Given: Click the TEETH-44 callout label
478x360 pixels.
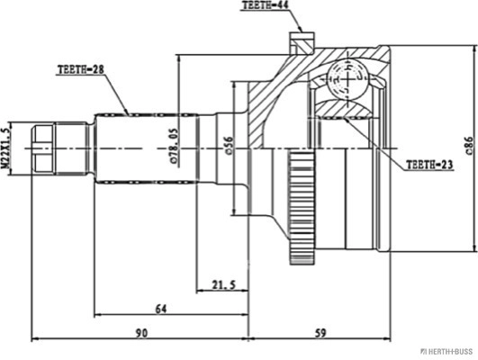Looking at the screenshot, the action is tap(265, 5).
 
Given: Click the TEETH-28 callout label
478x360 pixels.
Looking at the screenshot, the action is tap(81, 69).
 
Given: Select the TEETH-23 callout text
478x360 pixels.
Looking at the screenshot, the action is tap(429, 165).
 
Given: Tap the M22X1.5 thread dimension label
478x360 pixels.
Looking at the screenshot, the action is tap(5, 148).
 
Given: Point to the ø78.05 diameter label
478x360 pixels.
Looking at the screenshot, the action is tap(174, 147).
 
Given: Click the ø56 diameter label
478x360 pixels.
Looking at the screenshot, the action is tap(230, 146).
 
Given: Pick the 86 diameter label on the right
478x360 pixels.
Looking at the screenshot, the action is tap(470, 146).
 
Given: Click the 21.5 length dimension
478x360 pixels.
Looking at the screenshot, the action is tap(224, 285).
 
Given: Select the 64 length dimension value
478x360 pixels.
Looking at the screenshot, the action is tap(161, 309).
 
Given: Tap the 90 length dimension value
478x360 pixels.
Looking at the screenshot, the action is tap(141, 333).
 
